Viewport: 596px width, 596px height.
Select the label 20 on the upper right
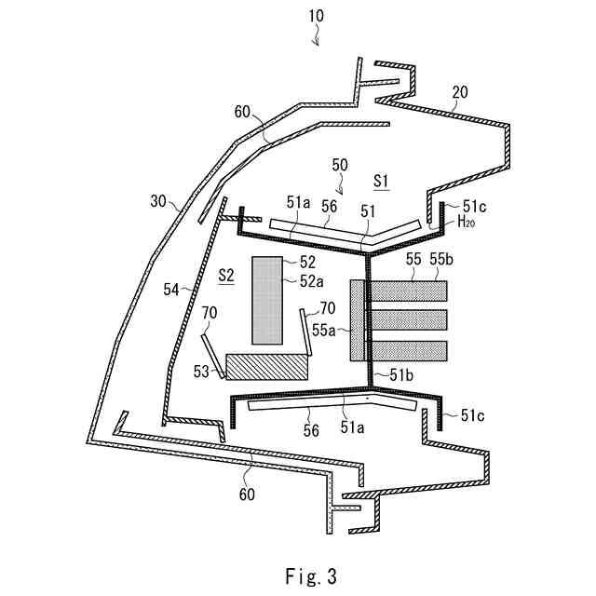pos(460,91)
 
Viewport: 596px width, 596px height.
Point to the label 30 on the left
pos(157,199)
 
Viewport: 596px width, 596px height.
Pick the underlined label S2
pos(224,274)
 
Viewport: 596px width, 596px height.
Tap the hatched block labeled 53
pos(267,366)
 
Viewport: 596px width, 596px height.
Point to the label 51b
pos(403,373)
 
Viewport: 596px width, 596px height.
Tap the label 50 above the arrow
pos(340,164)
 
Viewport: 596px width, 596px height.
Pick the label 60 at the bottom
pos(247,494)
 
